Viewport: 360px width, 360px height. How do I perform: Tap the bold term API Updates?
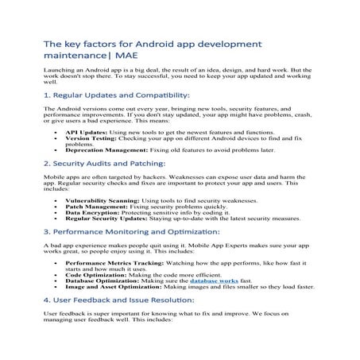(84, 133)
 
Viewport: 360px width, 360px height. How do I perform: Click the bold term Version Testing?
(88, 138)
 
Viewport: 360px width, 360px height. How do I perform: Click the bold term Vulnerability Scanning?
(99, 202)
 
